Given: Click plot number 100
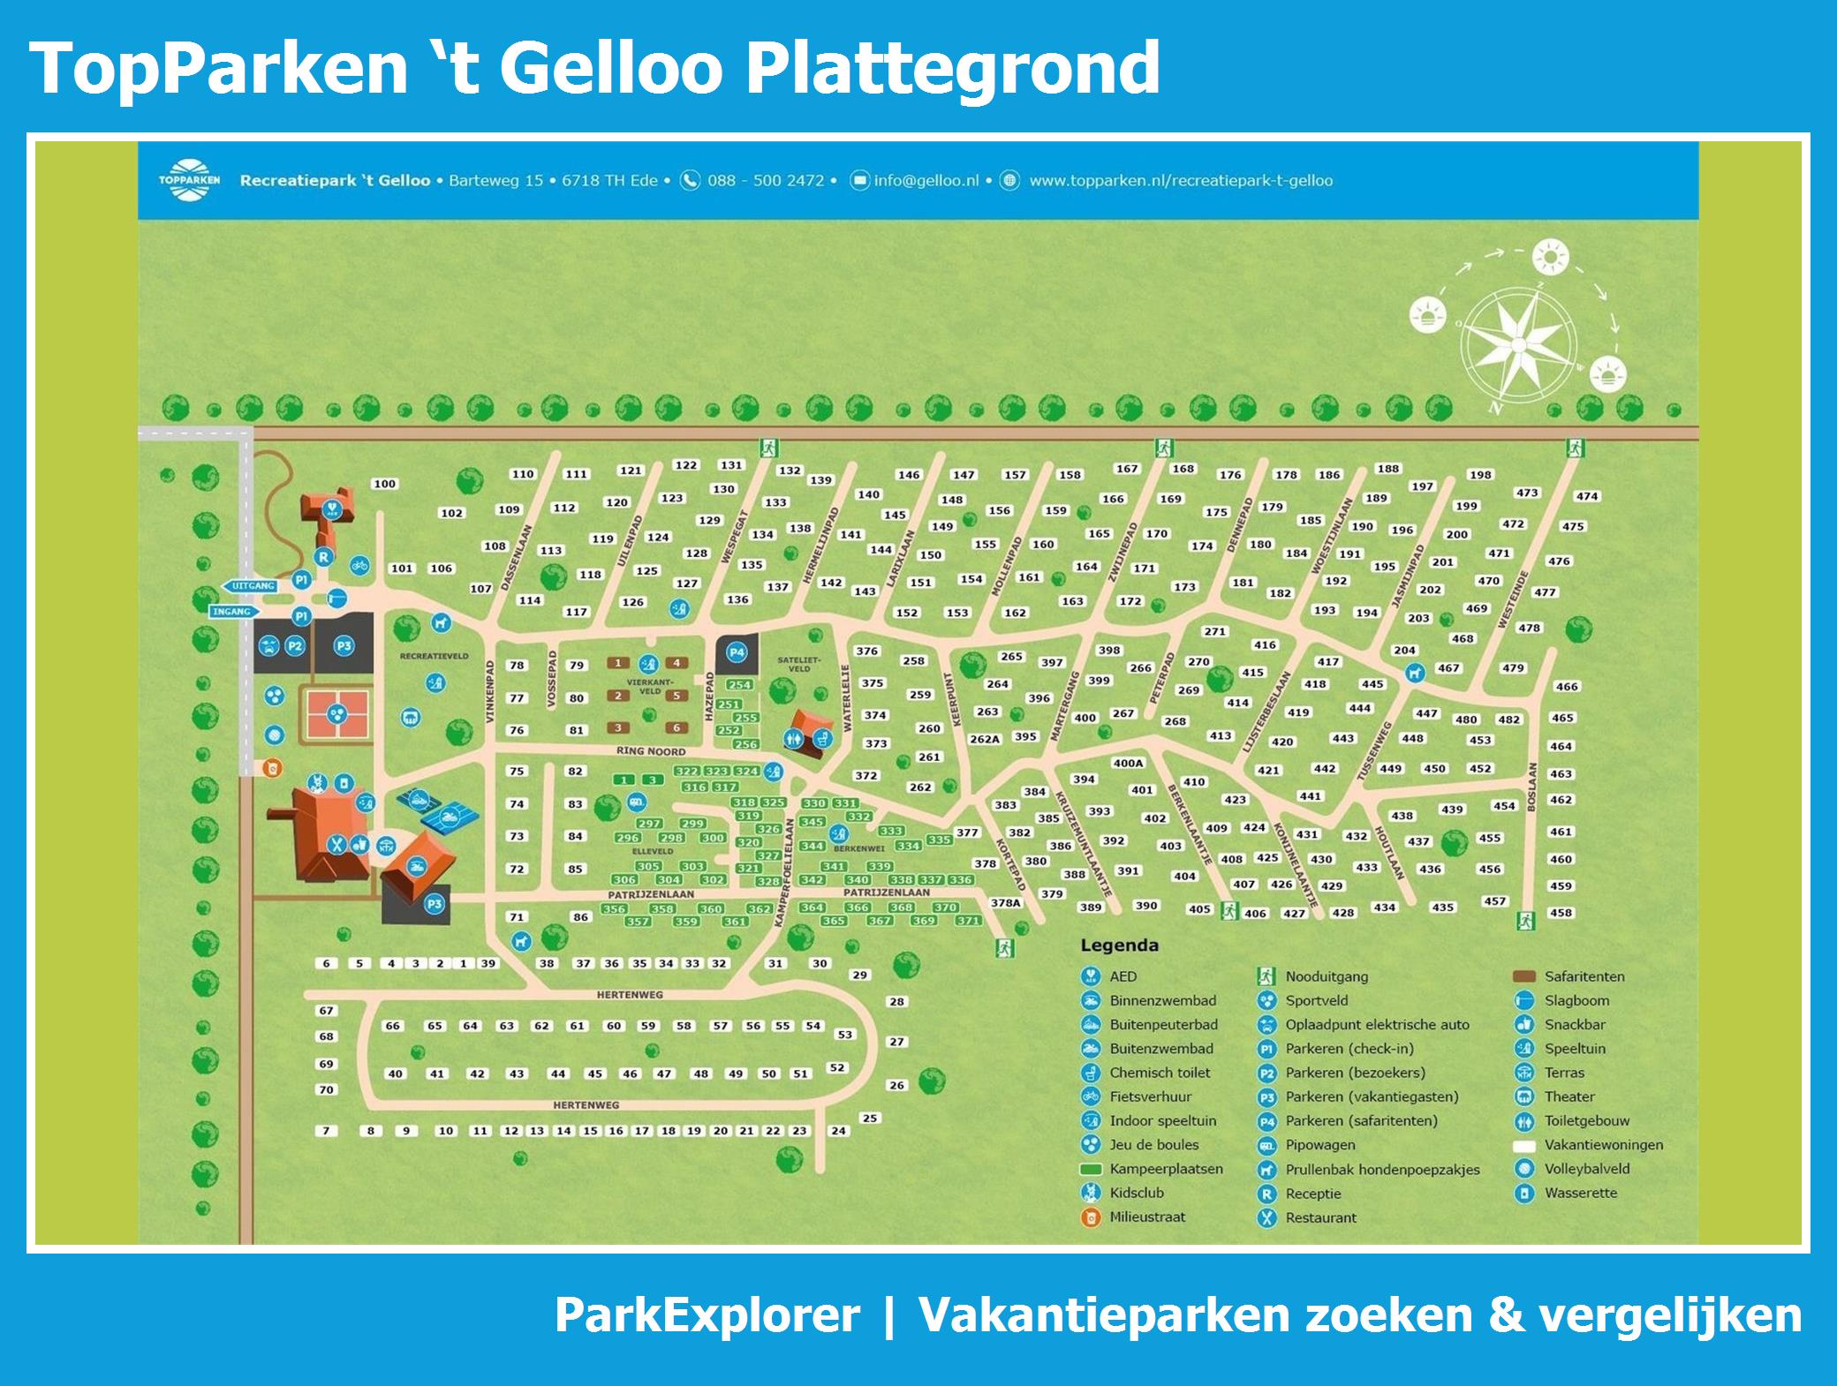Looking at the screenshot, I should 384,484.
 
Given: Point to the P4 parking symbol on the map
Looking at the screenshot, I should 737,653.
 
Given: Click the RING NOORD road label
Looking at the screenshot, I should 651,751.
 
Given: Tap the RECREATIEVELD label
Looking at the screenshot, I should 434,657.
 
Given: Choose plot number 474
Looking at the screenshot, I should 1587,496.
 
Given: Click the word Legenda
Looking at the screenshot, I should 1119,945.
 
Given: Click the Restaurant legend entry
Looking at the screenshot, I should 1320,1217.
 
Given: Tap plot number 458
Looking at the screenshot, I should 1561,913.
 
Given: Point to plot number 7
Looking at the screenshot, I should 326,1131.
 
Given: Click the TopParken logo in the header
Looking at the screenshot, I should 189,180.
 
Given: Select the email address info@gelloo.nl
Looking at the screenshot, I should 926,181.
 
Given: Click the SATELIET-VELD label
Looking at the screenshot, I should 798,664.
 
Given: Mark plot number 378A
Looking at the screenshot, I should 1005,903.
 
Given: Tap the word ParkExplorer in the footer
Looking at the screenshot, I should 707,1314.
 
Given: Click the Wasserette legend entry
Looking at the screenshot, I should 1580,1193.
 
